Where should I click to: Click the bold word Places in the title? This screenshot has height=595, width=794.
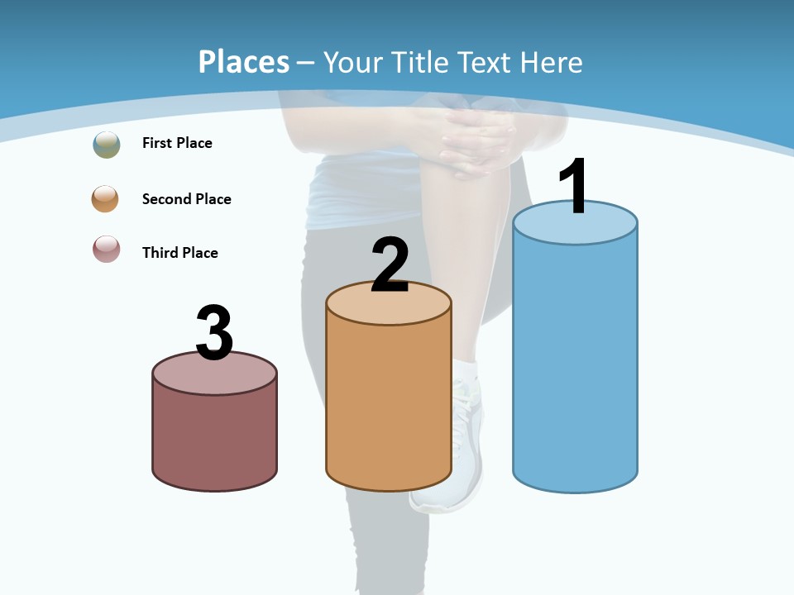point(244,62)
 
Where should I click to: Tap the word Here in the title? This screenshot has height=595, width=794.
point(551,62)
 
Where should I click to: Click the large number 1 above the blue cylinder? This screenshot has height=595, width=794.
point(574,187)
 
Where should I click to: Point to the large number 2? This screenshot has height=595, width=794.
point(390,265)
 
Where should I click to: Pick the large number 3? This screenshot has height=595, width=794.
point(215,333)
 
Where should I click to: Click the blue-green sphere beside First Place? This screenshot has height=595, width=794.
point(107,144)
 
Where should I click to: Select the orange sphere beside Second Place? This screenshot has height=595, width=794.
point(105,198)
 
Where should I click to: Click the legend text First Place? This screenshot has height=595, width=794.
point(177,143)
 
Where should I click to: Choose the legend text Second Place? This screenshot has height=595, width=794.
point(186,199)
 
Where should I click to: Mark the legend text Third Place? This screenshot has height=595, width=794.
point(179,253)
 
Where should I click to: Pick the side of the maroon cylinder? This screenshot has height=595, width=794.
point(214,438)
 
